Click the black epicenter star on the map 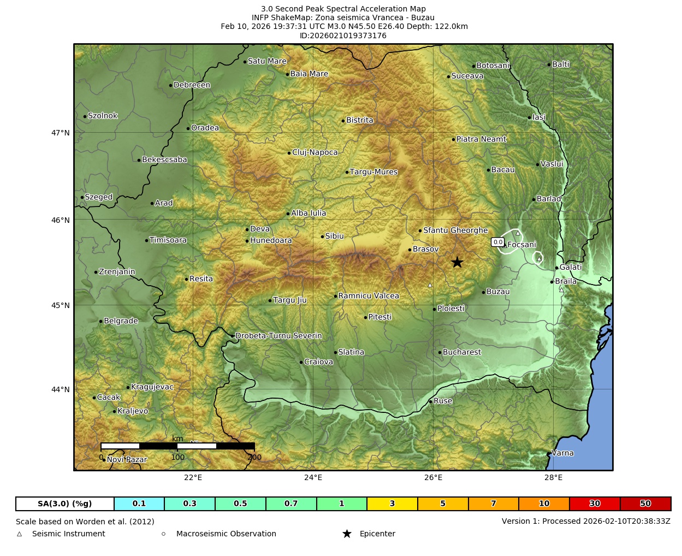click(457, 263)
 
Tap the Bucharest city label click(461, 352)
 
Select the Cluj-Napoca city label click(315, 152)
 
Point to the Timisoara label click(168, 240)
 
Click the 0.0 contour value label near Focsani click(497, 242)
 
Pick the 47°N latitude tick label click(61, 133)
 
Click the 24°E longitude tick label click(313, 478)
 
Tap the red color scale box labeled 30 click(594, 504)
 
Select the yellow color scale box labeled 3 click(392, 504)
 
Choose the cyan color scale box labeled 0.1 click(139, 504)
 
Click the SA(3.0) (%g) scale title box click(65, 504)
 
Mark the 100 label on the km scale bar click(178, 457)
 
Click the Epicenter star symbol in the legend click(347, 534)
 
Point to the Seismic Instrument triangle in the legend click(20, 534)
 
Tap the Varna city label click(562, 453)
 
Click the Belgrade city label click(121, 321)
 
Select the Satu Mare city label click(267, 61)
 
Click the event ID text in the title click(343, 36)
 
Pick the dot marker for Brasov click(410, 250)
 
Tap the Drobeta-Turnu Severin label click(278, 336)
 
